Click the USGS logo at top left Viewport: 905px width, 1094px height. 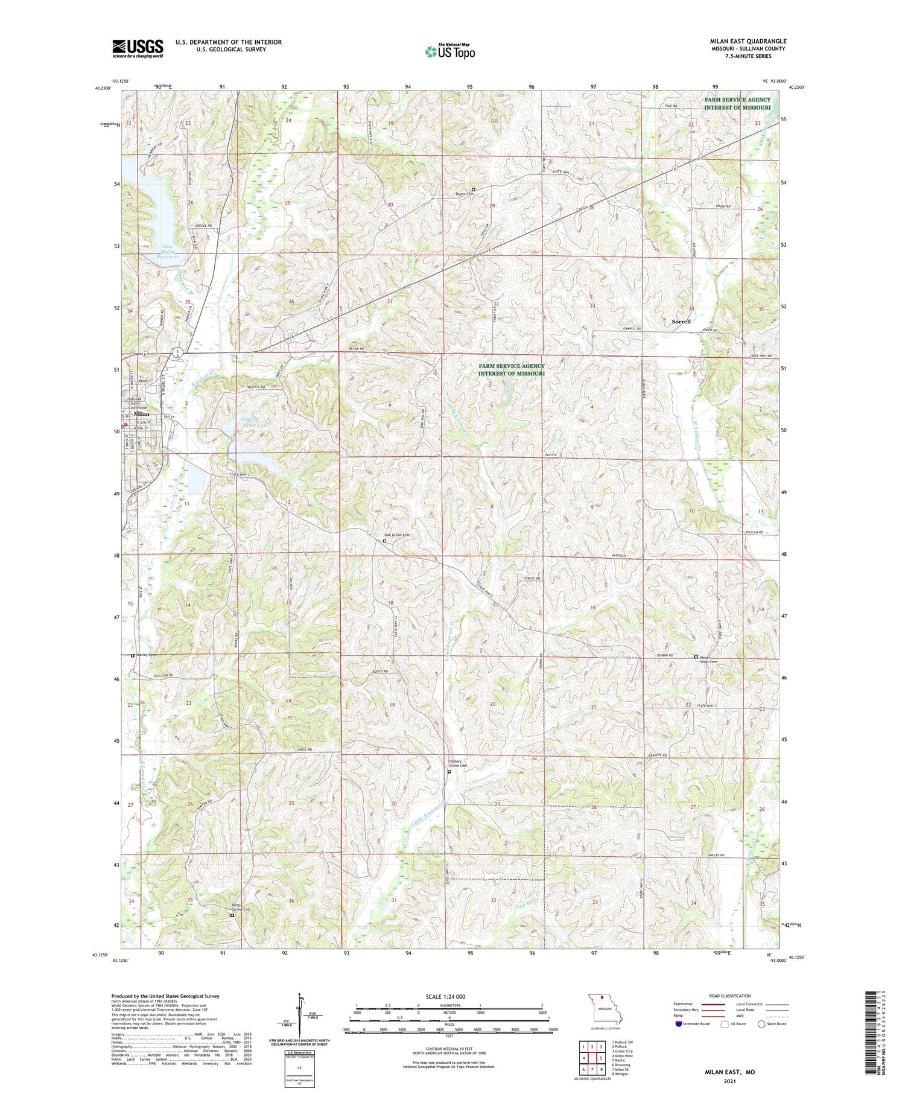pyautogui.click(x=138, y=48)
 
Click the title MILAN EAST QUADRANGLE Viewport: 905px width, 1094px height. pyautogui.click(x=748, y=41)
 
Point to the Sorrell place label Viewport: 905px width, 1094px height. pyautogui.click(x=681, y=322)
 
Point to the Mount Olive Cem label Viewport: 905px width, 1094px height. pyautogui.click(x=708, y=660)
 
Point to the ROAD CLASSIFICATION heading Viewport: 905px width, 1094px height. pyautogui.click(x=730, y=996)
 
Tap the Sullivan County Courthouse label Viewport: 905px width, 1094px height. pyautogui.click(x=138, y=404)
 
